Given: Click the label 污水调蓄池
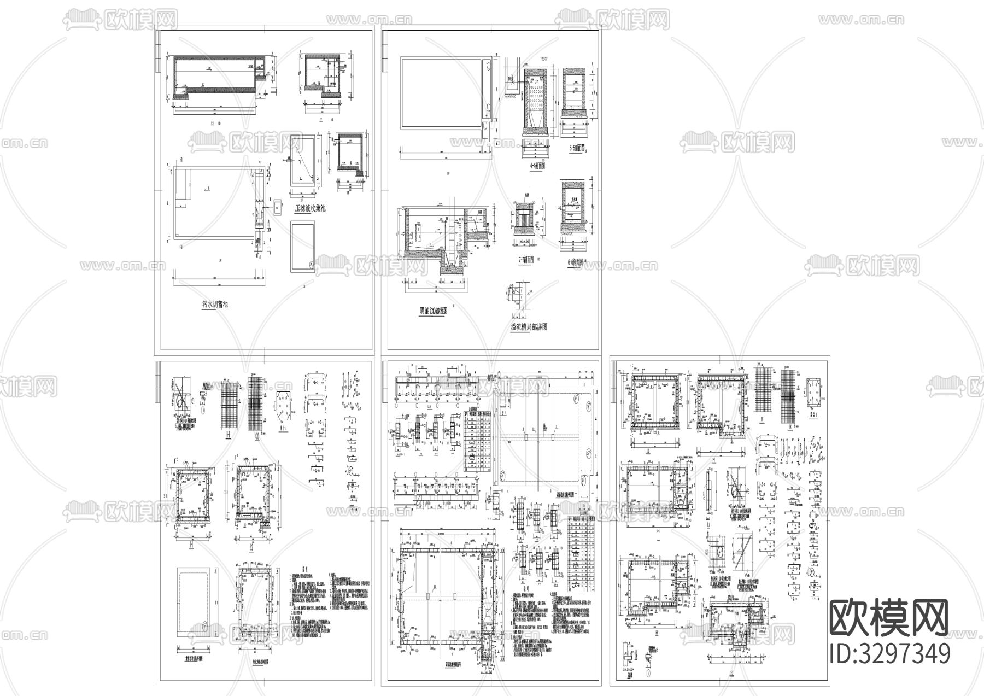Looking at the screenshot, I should coord(215,305).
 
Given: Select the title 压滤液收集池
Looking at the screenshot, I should coord(310,208).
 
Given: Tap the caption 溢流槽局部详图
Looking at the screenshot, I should coord(529,327).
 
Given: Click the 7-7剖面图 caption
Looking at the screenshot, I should coord(526,261).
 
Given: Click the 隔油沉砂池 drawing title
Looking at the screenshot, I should coord(434,311).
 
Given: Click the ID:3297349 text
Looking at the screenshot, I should coord(889,653).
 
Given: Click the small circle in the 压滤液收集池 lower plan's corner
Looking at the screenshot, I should coord(311,265).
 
